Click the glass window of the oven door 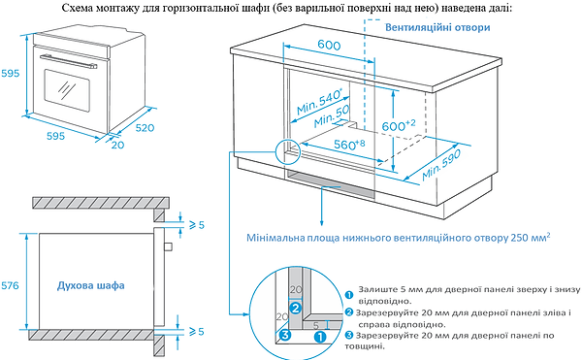[68, 92]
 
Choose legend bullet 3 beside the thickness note [348, 334]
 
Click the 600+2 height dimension [397, 126]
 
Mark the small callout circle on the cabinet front [289, 150]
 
